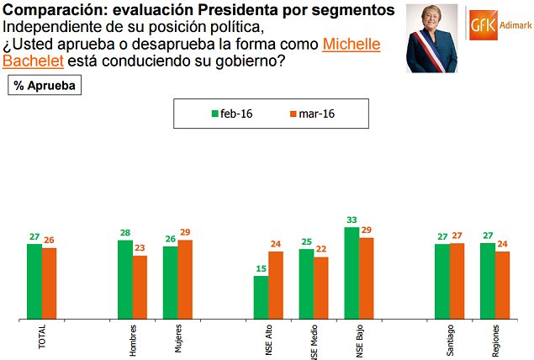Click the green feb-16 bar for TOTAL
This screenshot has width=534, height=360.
[x=34, y=282]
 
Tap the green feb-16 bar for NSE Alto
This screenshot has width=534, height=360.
[x=261, y=298]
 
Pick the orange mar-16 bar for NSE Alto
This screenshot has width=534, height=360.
[x=275, y=285]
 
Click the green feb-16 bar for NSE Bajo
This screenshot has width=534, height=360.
[x=352, y=273]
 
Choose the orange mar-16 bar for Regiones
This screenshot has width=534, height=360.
[x=502, y=285]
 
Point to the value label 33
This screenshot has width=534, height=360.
[x=352, y=221]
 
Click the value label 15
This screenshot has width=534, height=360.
[x=261, y=270]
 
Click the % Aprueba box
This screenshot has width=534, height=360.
[x=44, y=86]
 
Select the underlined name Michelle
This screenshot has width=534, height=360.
[x=352, y=44]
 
